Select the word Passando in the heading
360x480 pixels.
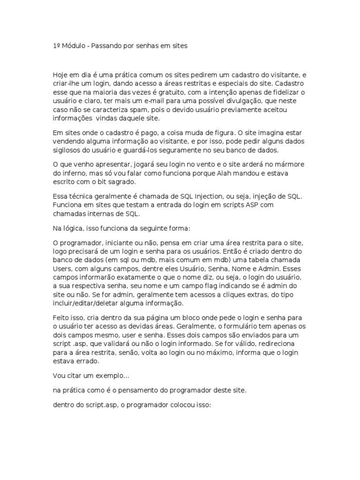[106, 46]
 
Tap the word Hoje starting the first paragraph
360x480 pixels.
[60, 75]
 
